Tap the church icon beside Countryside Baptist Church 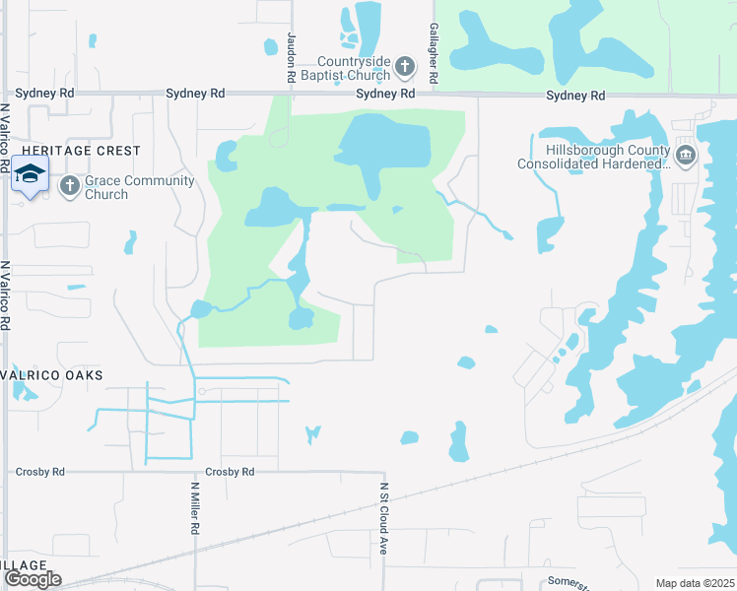coord(404,67)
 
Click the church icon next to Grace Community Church coord(69,185)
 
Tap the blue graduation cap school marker coord(31,174)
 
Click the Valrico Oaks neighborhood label coord(51,376)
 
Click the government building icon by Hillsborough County coord(685,155)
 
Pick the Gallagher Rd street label coord(433,54)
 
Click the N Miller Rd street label coord(195,507)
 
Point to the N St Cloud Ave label coord(384,518)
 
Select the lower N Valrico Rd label coord(6,295)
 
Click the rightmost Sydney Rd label coord(575,96)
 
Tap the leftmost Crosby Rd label coord(39,472)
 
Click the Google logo coord(33,579)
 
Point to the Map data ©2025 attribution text coord(695,583)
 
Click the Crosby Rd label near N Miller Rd coord(230,472)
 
